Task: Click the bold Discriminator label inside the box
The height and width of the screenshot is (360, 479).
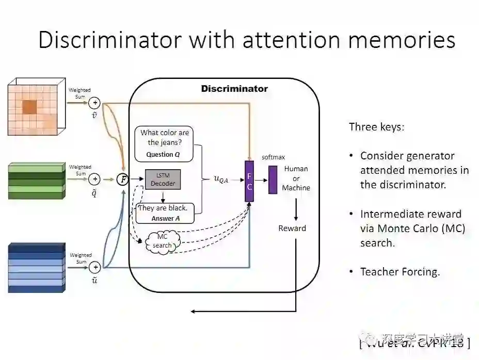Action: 234,89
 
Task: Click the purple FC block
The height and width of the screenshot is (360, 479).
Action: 249,181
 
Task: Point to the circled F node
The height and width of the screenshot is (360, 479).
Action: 123,179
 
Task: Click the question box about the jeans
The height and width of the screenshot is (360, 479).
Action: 164,143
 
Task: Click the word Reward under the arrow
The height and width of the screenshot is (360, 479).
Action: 292,228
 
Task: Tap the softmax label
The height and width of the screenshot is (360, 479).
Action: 274,157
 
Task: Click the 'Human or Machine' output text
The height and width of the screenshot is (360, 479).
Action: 296,178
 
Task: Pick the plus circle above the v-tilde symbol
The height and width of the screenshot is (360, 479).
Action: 94,103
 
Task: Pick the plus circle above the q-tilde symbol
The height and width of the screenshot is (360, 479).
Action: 94,179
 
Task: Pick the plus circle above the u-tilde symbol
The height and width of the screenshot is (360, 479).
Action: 94,267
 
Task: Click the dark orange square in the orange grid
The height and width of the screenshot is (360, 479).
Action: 29,106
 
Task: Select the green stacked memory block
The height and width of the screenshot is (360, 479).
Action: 36,181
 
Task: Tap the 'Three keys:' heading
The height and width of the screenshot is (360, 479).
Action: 376,127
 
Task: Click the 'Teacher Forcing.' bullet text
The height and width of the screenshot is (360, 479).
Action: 400,272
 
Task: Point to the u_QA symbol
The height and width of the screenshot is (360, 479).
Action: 221,179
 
